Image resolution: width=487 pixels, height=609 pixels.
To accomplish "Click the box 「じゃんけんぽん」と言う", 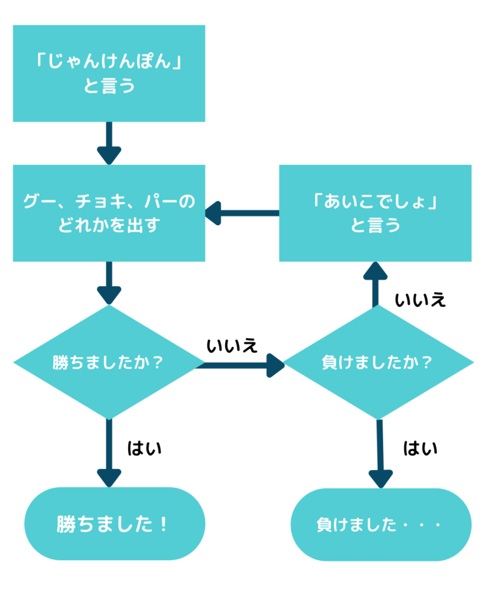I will [109, 74].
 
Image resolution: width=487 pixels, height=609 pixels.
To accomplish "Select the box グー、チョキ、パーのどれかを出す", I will [109, 213].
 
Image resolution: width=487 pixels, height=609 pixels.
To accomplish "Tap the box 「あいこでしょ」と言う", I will [375, 213].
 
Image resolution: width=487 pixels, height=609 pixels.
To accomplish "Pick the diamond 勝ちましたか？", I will [109, 363].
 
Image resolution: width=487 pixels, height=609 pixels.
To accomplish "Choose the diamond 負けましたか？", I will [379, 363].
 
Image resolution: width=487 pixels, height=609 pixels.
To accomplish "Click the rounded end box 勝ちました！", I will [115, 524].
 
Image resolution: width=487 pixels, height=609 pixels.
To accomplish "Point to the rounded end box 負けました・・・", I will [381, 525].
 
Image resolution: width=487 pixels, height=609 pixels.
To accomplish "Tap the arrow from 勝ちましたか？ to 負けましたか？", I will [244, 365].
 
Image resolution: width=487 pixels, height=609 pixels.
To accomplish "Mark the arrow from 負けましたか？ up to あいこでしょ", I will [375, 285].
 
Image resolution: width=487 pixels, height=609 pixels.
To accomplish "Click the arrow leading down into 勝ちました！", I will [109, 453].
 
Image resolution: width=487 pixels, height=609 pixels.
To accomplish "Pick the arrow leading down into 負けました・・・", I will [380, 454].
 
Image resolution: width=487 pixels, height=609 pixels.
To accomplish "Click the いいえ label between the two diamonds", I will [232, 346].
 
